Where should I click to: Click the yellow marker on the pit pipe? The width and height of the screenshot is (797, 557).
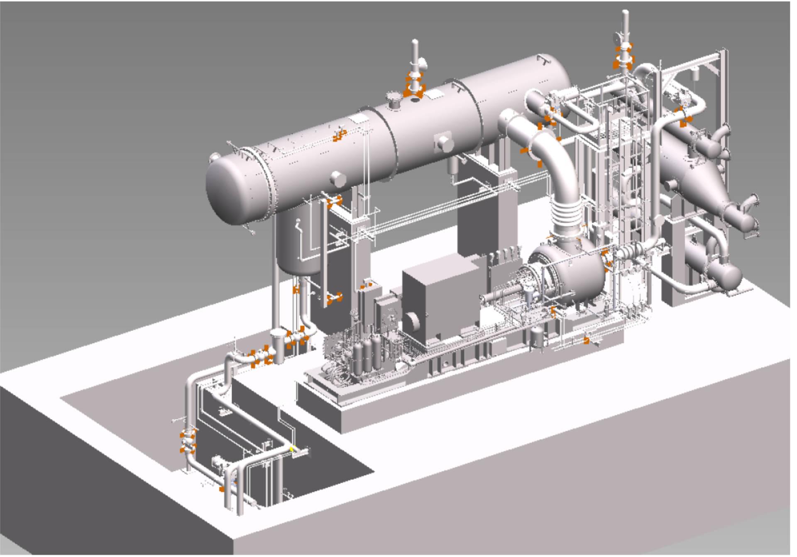point(292,448)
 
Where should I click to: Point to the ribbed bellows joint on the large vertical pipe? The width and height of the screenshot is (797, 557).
point(567,216)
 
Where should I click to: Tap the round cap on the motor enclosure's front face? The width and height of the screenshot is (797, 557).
point(413,322)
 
